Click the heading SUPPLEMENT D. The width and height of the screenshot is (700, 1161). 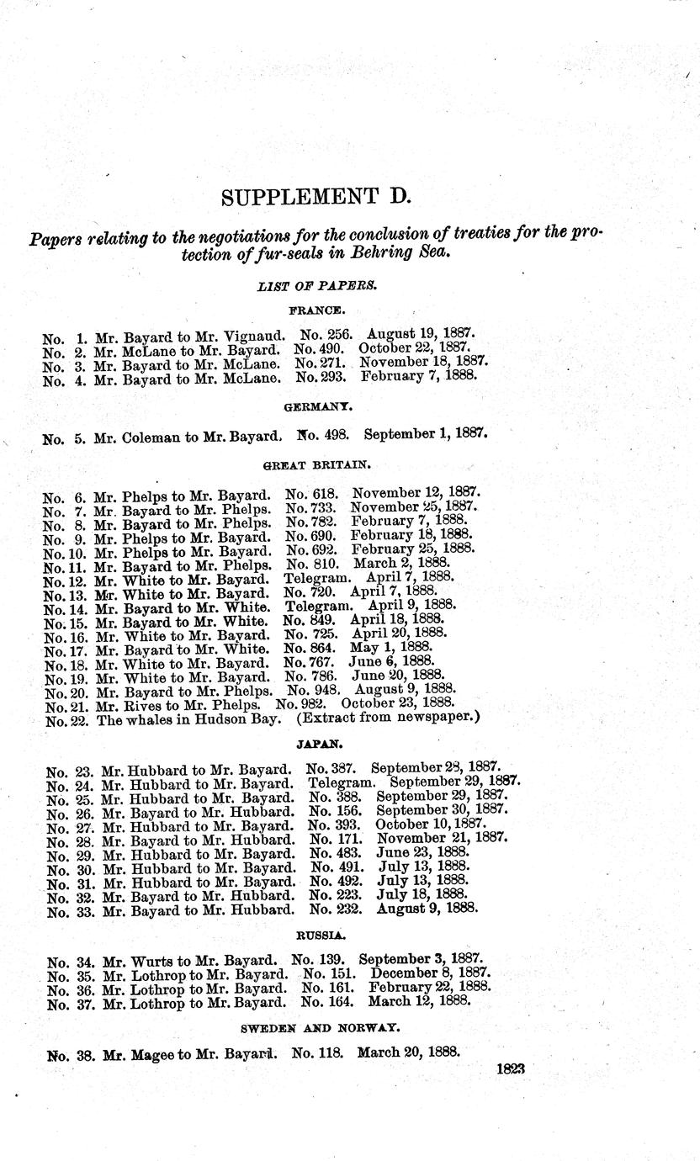[x=315, y=197]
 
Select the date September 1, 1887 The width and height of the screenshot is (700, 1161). [x=426, y=435]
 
